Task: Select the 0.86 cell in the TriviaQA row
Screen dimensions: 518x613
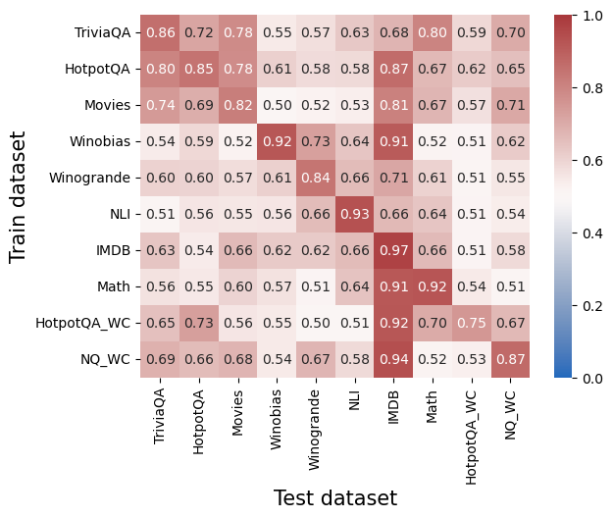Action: (x=160, y=33)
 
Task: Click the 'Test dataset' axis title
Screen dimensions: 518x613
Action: (x=334, y=498)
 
